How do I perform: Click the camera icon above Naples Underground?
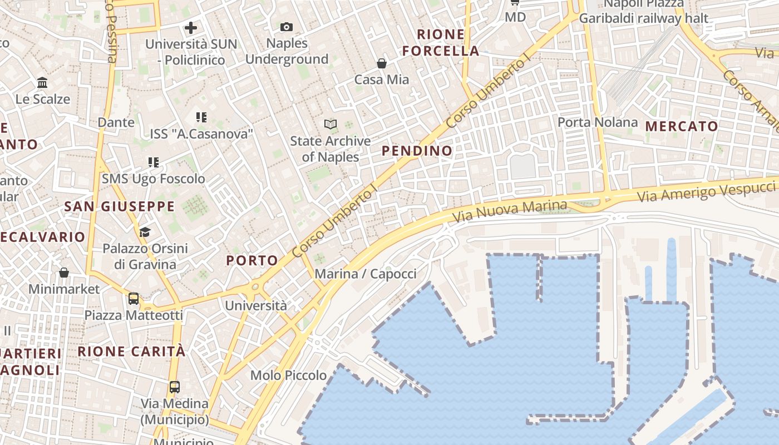[287, 27]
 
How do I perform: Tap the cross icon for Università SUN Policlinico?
[191, 27]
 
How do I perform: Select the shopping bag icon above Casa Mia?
[382, 63]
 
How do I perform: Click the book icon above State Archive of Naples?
[331, 125]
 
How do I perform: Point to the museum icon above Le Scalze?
[42, 83]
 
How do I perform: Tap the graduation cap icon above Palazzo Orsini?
[145, 232]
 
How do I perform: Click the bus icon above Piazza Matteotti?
[134, 299]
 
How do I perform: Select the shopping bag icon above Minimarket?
[64, 273]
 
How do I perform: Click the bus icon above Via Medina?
[175, 387]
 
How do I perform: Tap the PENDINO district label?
[417, 151]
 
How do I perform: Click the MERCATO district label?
[682, 126]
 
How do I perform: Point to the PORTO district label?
[252, 260]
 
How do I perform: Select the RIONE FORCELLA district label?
[441, 43]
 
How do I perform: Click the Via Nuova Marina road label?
[510, 210]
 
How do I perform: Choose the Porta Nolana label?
[598, 122]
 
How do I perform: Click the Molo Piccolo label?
[288, 375]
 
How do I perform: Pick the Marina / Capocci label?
[366, 274]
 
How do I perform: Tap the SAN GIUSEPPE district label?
[119, 207]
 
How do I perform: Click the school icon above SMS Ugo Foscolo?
[154, 162]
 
